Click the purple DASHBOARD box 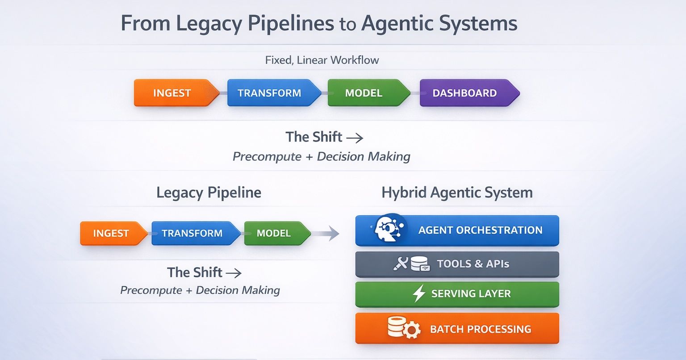(x=469, y=93)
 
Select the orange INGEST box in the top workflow (x=176, y=93)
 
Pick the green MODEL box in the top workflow (x=369, y=93)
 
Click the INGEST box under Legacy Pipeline (x=113, y=233)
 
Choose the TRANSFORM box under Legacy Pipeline (x=196, y=233)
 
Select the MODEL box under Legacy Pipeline (x=277, y=233)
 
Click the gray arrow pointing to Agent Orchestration (x=326, y=234)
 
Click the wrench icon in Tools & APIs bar (x=401, y=264)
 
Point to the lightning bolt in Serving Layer (x=419, y=293)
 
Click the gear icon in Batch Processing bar (x=412, y=330)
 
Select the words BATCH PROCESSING (x=481, y=329)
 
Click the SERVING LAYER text (x=471, y=293)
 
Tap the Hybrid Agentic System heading (x=457, y=193)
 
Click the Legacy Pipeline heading (x=209, y=193)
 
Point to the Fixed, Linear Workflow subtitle (x=322, y=60)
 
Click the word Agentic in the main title (x=397, y=23)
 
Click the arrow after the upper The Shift (x=355, y=138)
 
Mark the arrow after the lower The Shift (x=234, y=273)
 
